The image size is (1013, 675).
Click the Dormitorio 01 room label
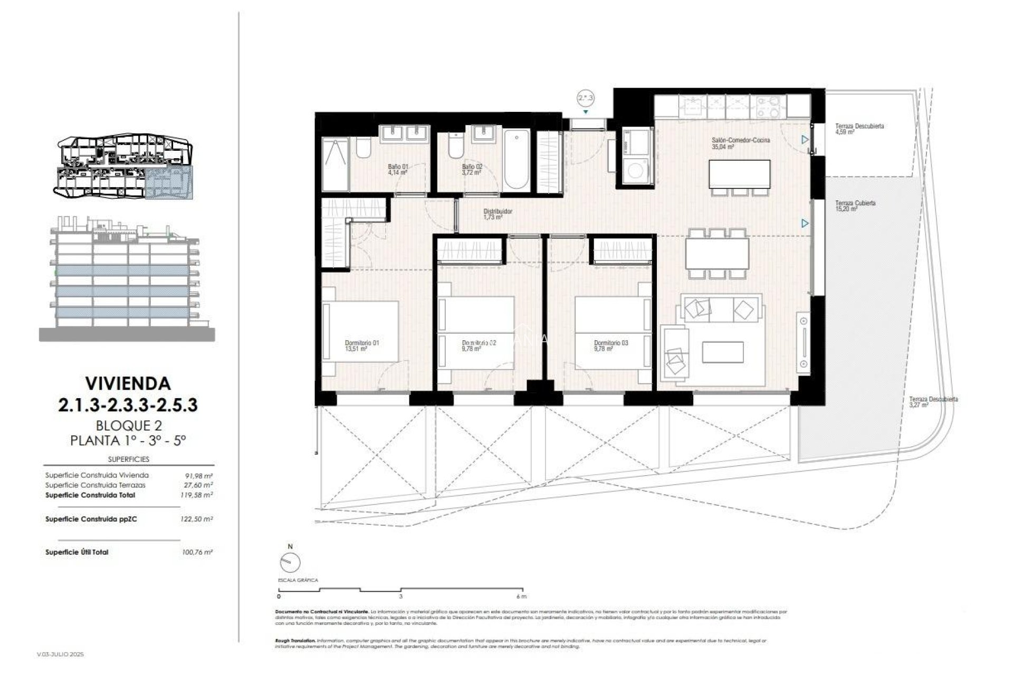(362, 345)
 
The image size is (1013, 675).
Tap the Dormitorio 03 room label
(610, 345)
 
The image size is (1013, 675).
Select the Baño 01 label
(398, 169)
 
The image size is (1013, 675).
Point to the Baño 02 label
(472, 169)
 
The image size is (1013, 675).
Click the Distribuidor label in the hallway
(498, 214)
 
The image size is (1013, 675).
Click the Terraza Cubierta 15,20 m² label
(855, 206)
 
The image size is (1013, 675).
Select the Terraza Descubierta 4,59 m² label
(859, 129)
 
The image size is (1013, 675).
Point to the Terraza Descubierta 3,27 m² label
(933, 402)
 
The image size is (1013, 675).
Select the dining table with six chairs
(717, 253)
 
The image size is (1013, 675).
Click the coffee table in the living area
(723, 352)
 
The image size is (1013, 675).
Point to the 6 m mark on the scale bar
(521, 596)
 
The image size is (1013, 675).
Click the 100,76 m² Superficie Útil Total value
(197, 552)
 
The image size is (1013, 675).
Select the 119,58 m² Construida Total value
(197, 495)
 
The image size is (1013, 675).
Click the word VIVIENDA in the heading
(128, 383)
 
